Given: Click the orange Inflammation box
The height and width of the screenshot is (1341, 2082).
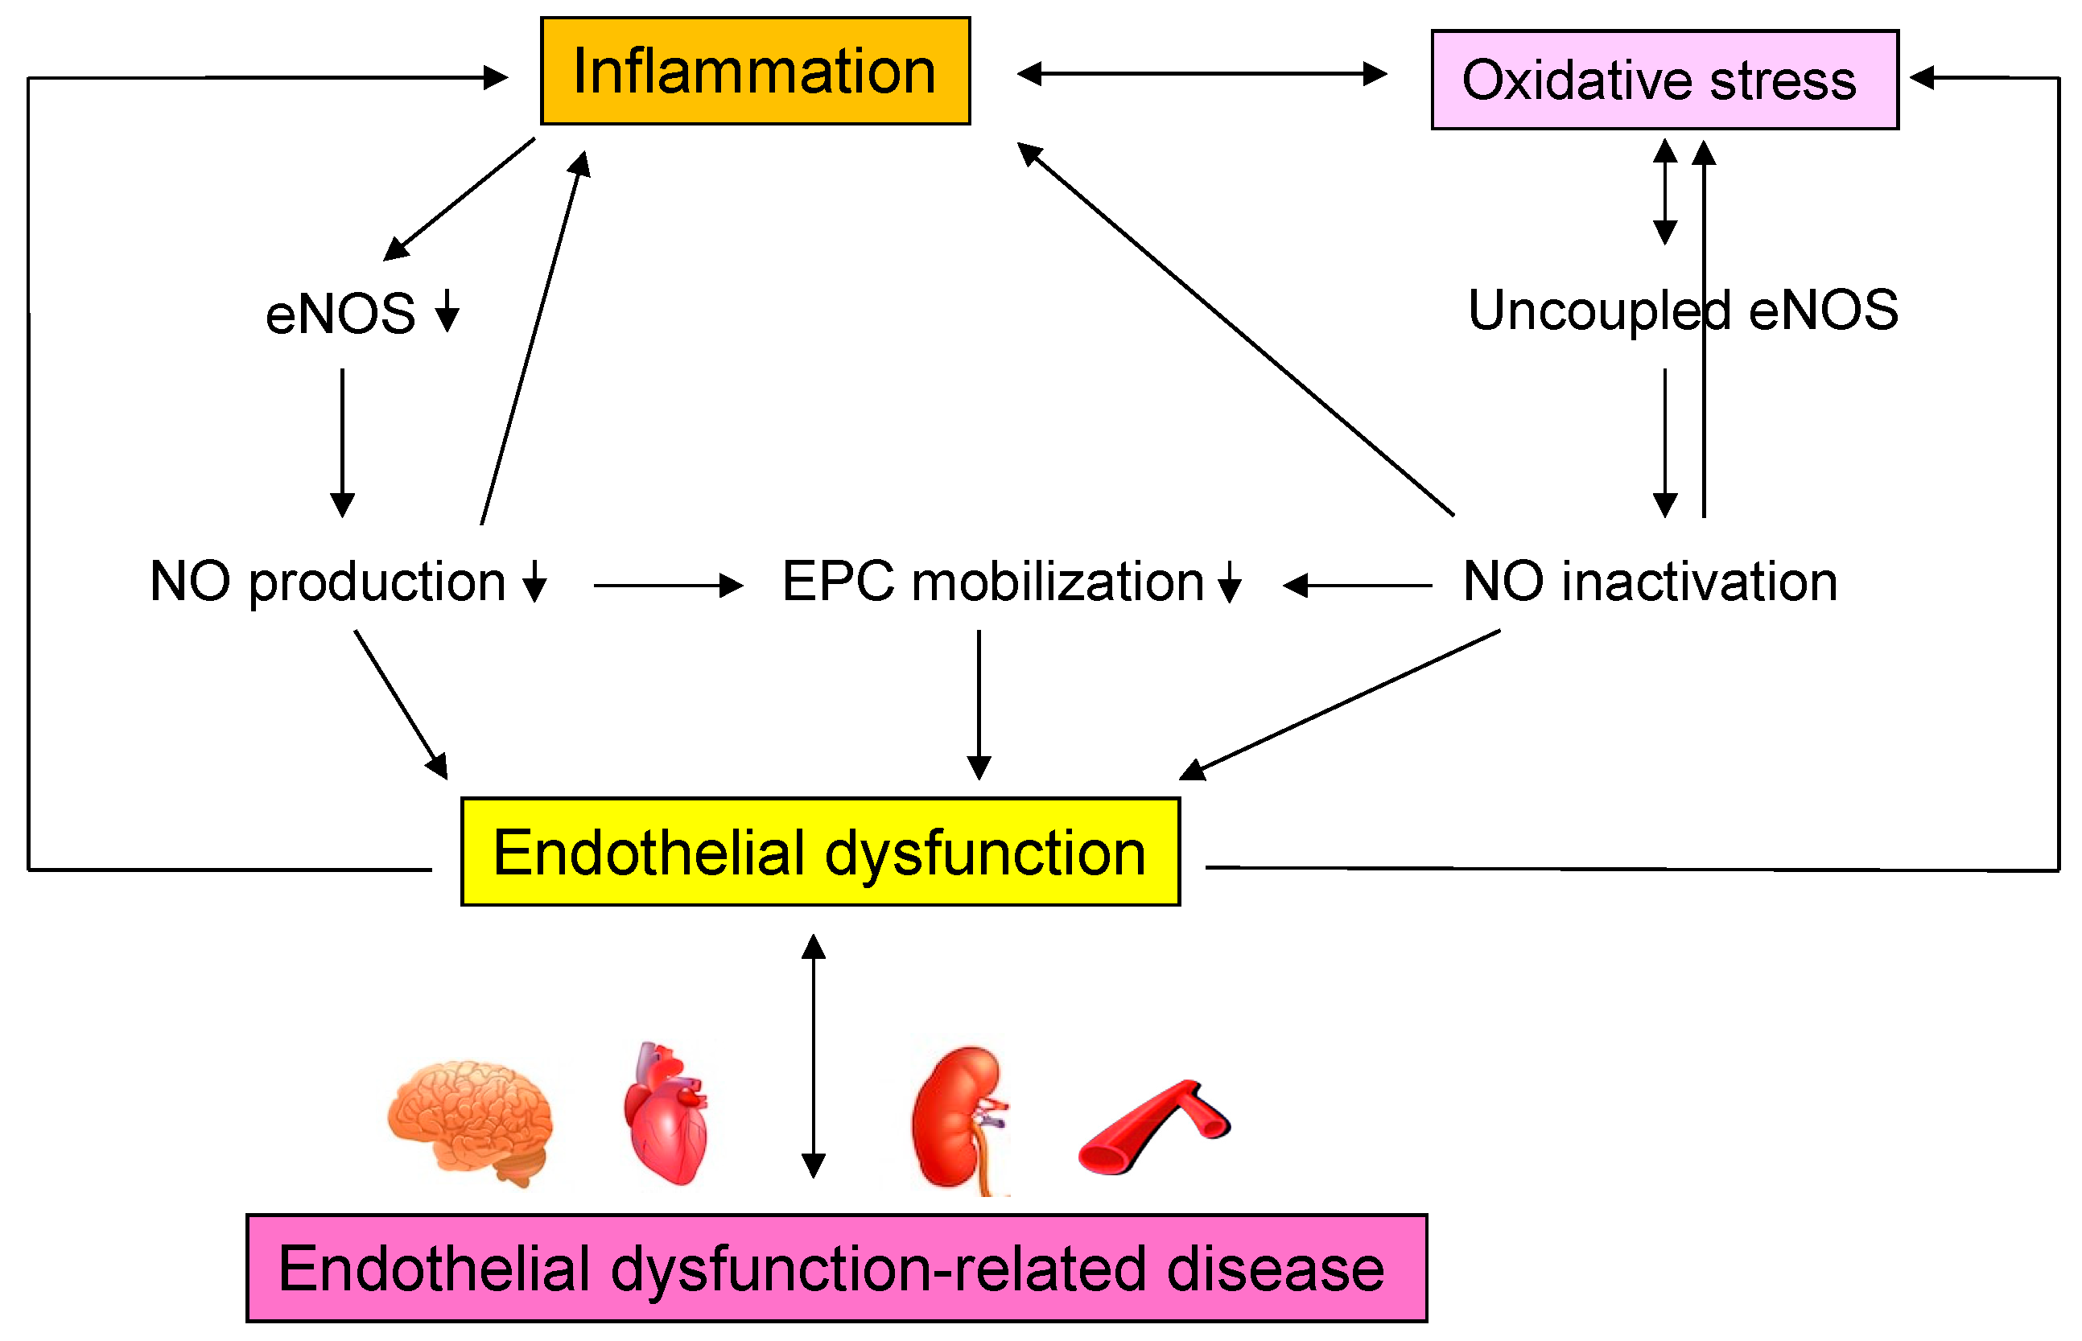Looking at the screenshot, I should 754,71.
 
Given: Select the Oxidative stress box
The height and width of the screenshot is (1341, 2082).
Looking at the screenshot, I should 1664,80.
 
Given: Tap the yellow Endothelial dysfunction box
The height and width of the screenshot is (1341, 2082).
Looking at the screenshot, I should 820,853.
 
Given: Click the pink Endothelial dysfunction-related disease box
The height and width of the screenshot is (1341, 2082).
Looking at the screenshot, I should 836,1269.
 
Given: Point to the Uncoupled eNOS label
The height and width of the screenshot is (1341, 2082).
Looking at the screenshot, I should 1682,311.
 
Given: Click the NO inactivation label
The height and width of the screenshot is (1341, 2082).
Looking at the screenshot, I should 1650,582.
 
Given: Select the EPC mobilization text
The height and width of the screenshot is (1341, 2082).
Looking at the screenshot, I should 993,582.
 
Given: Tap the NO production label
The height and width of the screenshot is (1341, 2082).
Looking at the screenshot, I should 328,582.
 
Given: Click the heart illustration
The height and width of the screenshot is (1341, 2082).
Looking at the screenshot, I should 667,1115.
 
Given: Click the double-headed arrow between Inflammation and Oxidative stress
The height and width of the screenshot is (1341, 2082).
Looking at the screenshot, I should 1202,74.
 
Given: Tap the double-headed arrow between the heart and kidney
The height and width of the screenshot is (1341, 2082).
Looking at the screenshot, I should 813,1056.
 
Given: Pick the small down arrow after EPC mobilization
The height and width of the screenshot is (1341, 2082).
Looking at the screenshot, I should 1229,582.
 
